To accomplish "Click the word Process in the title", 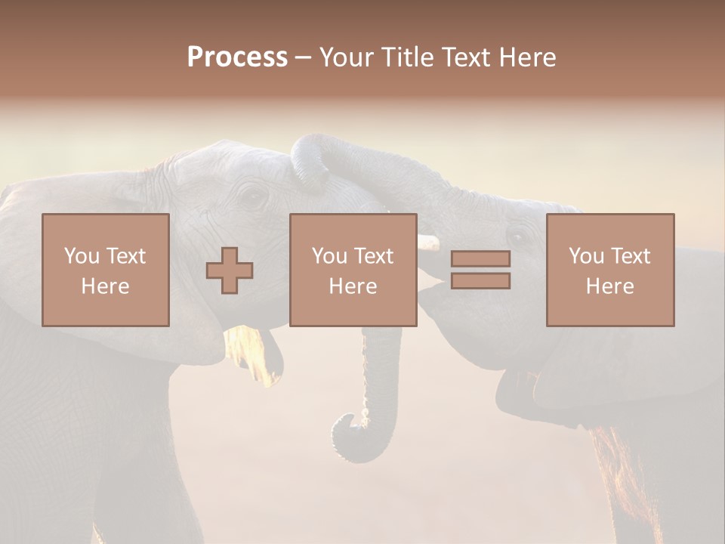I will (x=237, y=57).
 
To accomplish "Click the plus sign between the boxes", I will (x=230, y=270).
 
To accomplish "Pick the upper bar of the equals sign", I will (x=480, y=258).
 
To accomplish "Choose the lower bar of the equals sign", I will (x=480, y=281).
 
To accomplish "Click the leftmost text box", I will (x=106, y=270).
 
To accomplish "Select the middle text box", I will (x=353, y=270).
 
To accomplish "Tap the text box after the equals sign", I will (x=609, y=270).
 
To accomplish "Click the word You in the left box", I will (x=81, y=256).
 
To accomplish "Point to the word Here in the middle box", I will (x=353, y=286).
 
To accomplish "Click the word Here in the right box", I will (x=609, y=286).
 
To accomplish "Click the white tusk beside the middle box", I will (x=428, y=243).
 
